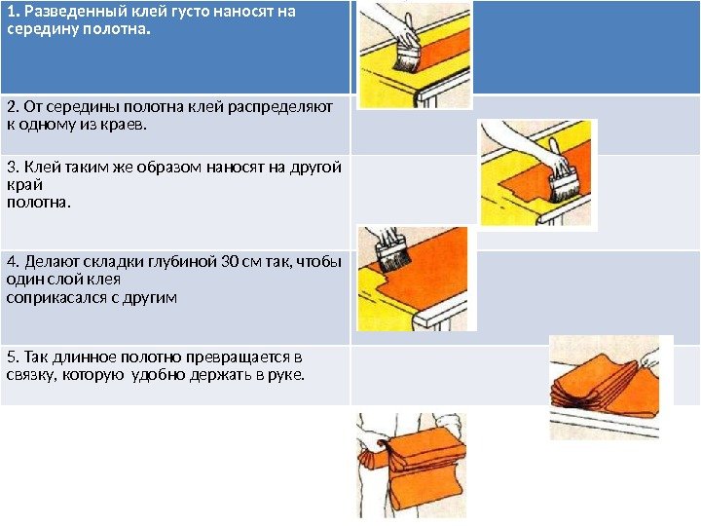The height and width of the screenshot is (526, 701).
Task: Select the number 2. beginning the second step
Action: pyautogui.click(x=13, y=107)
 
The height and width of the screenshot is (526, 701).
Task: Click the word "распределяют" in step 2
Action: pyautogui.click(x=280, y=108)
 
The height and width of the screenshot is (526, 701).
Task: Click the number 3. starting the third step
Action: pyautogui.click(x=13, y=167)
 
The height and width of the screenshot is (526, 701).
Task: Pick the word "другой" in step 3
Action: pyautogui.click(x=315, y=168)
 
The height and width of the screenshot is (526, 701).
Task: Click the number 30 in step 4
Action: pyautogui.click(x=230, y=261)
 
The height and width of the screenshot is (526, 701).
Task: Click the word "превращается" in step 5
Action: pyautogui.click(x=238, y=357)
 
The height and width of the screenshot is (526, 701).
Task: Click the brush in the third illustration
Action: pyautogui.click(x=392, y=256)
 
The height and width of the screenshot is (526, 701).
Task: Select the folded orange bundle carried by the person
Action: pyautogui.click(x=414, y=466)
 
